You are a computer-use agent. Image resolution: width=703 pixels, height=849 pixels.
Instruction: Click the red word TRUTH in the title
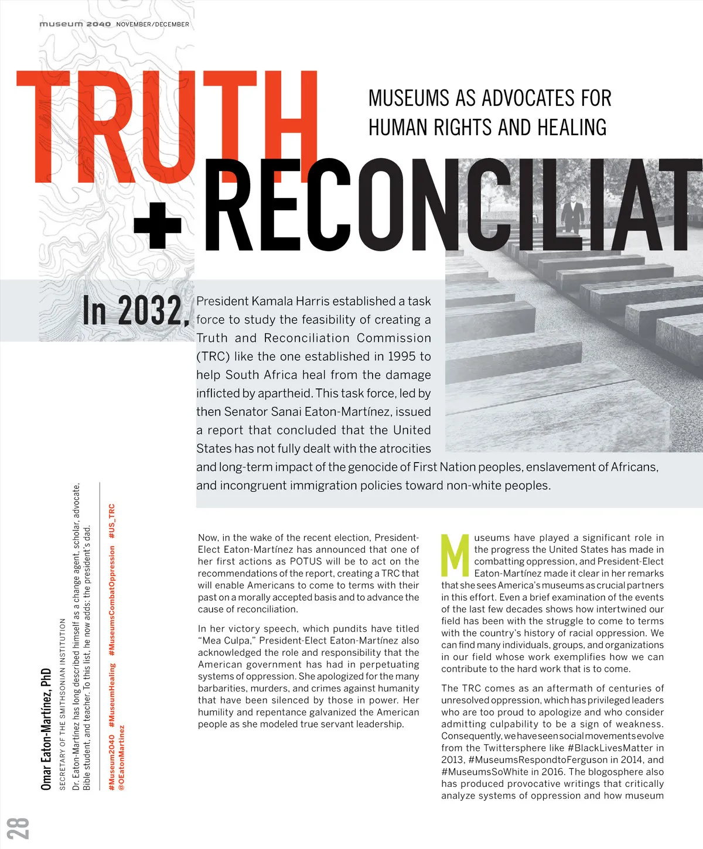click(x=167, y=126)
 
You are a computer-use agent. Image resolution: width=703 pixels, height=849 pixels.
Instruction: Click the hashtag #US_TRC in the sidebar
click(x=112, y=521)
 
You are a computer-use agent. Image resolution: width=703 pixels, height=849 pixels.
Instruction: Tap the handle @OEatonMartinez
click(x=121, y=759)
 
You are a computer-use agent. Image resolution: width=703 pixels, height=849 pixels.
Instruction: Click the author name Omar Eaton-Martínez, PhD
click(x=46, y=730)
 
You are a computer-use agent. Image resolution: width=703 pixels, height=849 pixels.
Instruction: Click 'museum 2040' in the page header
click(x=74, y=24)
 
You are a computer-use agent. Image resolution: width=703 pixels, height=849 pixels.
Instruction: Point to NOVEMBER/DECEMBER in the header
click(x=152, y=24)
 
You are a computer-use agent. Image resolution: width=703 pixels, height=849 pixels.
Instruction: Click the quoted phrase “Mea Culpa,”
click(x=225, y=641)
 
